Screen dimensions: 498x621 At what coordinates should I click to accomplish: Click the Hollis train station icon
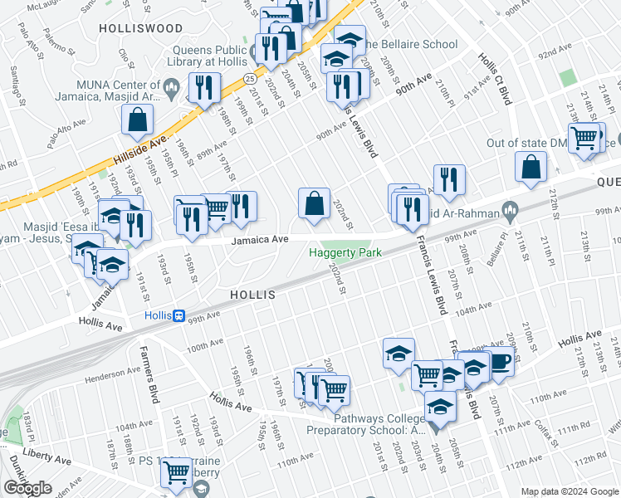coord(178,315)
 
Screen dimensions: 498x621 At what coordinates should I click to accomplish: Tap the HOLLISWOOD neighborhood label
coord(140,28)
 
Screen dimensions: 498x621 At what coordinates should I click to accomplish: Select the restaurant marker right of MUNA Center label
coord(203,87)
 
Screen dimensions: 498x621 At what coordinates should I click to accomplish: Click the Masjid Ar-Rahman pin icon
coord(511,212)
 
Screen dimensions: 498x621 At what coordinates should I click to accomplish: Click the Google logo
coord(27,488)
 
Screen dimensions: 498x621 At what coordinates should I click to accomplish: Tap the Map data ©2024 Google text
coord(569,491)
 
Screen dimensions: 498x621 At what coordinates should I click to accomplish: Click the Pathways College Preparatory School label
coord(364,423)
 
